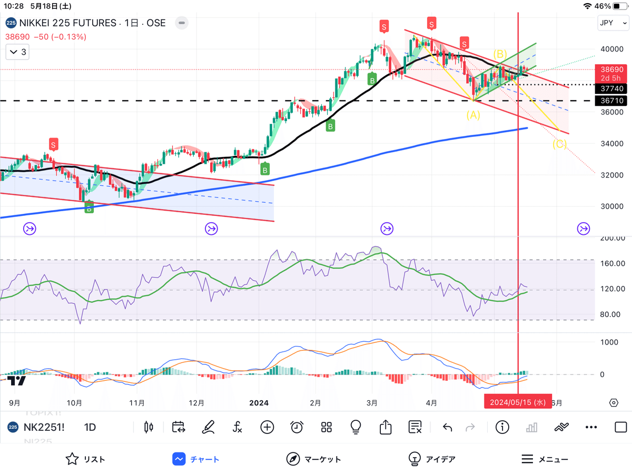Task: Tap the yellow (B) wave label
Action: point(500,53)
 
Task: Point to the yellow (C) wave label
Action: point(559,144)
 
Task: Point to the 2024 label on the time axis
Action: point(259,403)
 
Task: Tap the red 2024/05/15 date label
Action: point(518,402)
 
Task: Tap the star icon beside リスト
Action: point(72,459)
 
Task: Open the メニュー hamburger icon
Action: point(527,459)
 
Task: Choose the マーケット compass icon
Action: point(293,459)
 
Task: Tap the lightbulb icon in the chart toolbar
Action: point(355,427)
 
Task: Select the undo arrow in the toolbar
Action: point(447,427)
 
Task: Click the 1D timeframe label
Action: point(90,427)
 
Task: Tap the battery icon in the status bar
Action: point(619,6)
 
